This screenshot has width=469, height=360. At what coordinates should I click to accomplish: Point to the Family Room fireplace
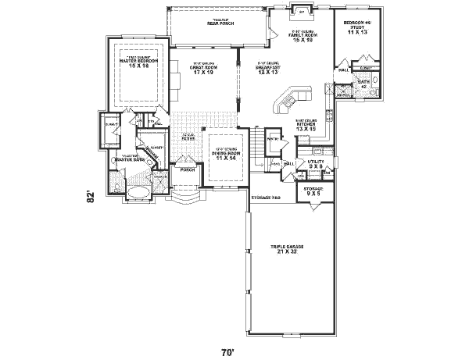(302, 12)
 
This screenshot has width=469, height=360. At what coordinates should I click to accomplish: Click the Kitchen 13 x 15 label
(306, 126)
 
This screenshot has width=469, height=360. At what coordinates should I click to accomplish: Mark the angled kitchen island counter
(287, 99)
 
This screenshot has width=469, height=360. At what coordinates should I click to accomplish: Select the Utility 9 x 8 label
(315, 164)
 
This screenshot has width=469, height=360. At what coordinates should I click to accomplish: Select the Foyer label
(188, 138)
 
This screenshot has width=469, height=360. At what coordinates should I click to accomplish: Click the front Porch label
(187, 169)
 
